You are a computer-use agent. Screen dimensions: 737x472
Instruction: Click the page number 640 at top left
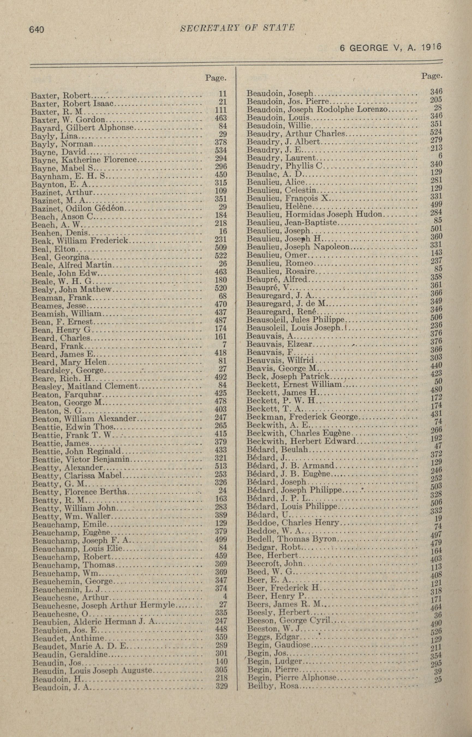coord(37,30)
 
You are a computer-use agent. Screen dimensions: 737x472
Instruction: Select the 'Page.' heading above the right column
coord(432,75)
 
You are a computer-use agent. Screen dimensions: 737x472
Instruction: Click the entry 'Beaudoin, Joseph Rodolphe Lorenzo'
coord(318,109)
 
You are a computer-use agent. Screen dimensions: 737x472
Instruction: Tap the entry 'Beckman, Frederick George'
coord(302,417)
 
